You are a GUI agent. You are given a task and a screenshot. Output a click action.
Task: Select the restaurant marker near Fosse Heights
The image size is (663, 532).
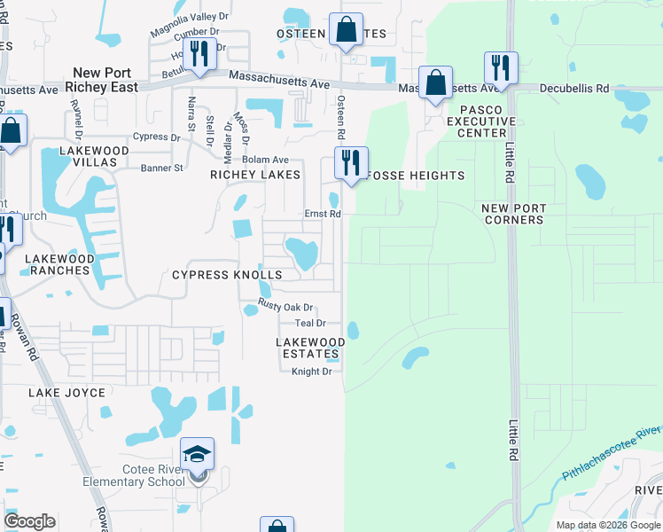(x=351, y=163)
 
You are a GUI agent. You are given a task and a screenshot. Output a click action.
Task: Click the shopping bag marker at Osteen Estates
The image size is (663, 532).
(x=347, y=30)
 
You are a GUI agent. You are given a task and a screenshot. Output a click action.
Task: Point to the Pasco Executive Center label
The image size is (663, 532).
(x=481, y=121)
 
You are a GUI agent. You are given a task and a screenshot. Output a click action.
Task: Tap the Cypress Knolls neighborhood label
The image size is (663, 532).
(x=226, y=275)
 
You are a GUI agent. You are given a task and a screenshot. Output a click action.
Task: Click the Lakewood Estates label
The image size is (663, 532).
(x=310, y=348)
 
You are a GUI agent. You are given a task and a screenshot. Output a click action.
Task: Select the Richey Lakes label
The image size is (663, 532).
(x=255, y=175)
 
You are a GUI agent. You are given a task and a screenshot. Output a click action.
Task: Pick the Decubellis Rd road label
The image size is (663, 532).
(x=577, y=89)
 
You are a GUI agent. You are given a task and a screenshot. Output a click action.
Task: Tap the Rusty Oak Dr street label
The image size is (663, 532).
(x=286, y=306)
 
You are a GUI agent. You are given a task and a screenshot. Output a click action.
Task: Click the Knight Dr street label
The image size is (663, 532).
(x=312, y=372)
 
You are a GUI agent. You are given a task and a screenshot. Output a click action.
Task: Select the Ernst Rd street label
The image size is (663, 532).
(x=324, y=214)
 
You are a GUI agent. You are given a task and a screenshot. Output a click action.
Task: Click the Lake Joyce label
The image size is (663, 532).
(x=66, y=392)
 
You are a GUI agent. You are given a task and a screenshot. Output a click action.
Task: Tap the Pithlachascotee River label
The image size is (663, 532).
(x=611, y=451)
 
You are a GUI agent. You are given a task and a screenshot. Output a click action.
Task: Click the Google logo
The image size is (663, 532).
(x=29, y=521)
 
